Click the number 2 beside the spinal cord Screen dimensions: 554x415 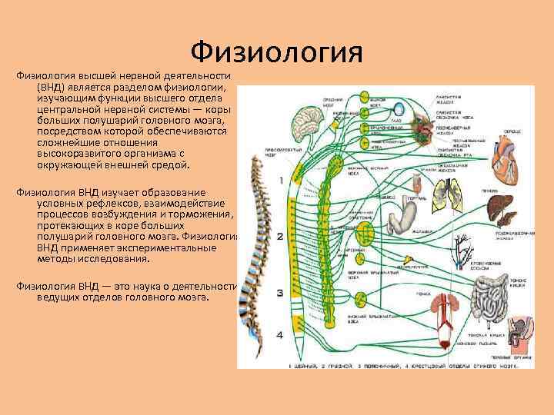(x=280, y=237)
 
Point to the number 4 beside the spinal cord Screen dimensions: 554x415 (x=280, y=335)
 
